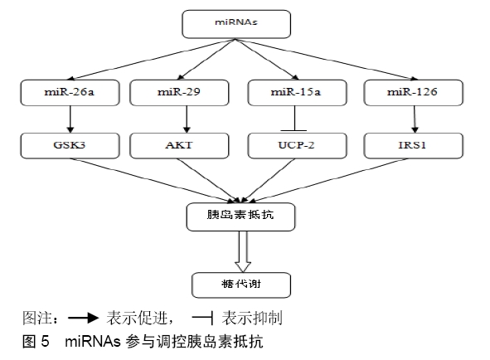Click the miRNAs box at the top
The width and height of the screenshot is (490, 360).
pyautogui.click(x=236, y=24)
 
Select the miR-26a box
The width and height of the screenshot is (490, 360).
pyautogui.click(x=70, y=93)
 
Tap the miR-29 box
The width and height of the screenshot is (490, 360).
pyautogui.click(x=179, y=93)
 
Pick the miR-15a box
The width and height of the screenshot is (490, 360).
pyautogui.click(x=297, y=93)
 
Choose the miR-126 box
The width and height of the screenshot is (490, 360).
pyautogui.click(x=414, y=93)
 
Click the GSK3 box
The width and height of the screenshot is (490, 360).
pyautogui.click(x=70, y=146)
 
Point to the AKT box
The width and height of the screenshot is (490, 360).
pyautogui.click(x=179, y=146)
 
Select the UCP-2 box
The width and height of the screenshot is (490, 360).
pyautogui.click(x=297, y=146)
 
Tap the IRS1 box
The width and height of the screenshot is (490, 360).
pyautogui.click(x=414, y=146)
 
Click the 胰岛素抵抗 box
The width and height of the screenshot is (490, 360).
pyautogui.click(x=240, y=217)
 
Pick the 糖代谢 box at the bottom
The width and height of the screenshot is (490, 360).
pyautogui.click(x=241, y=285)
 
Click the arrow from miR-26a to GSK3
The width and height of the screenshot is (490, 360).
pyautogui.click(x=70, y=119)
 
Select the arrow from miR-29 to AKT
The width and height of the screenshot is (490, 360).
pyautogui.click(x=187, y=119)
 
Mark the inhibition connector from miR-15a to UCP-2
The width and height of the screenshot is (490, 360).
pyautogui.click(x=295, y=119)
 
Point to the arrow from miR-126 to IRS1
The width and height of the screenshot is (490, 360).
pyautogui.click(x=415, y=119)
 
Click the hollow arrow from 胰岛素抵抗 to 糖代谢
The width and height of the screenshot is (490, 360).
pyautogui.click(x=243, y=252)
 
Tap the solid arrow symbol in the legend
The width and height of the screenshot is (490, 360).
pyautogui.click(x=83, y=318)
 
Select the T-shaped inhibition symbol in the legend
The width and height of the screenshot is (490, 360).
pyautogui.click(x=203, y=318)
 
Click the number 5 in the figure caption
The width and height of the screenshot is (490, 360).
pyautogui.click(x=45, y=341)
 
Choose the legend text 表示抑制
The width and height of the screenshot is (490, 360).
pyautogui.click(x=252, y=318)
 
